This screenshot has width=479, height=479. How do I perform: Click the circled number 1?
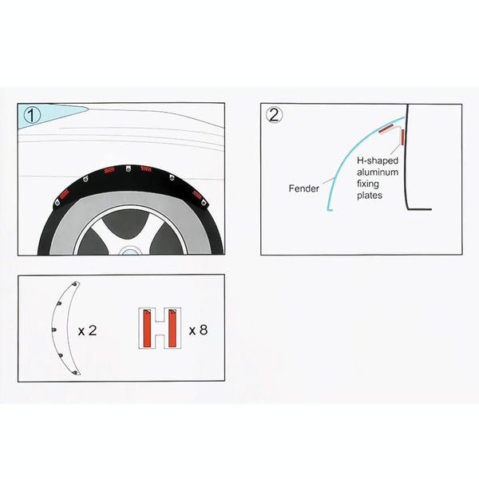tap(31, 115)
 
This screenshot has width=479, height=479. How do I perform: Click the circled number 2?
tap(275, 115)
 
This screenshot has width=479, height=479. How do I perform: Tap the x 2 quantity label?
tap(87, 329)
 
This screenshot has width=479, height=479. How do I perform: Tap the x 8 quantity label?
tap(198, 329)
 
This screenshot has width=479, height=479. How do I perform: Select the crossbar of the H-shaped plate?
tap(158, 329)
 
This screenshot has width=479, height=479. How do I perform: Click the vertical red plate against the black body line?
tap(402, 137)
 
